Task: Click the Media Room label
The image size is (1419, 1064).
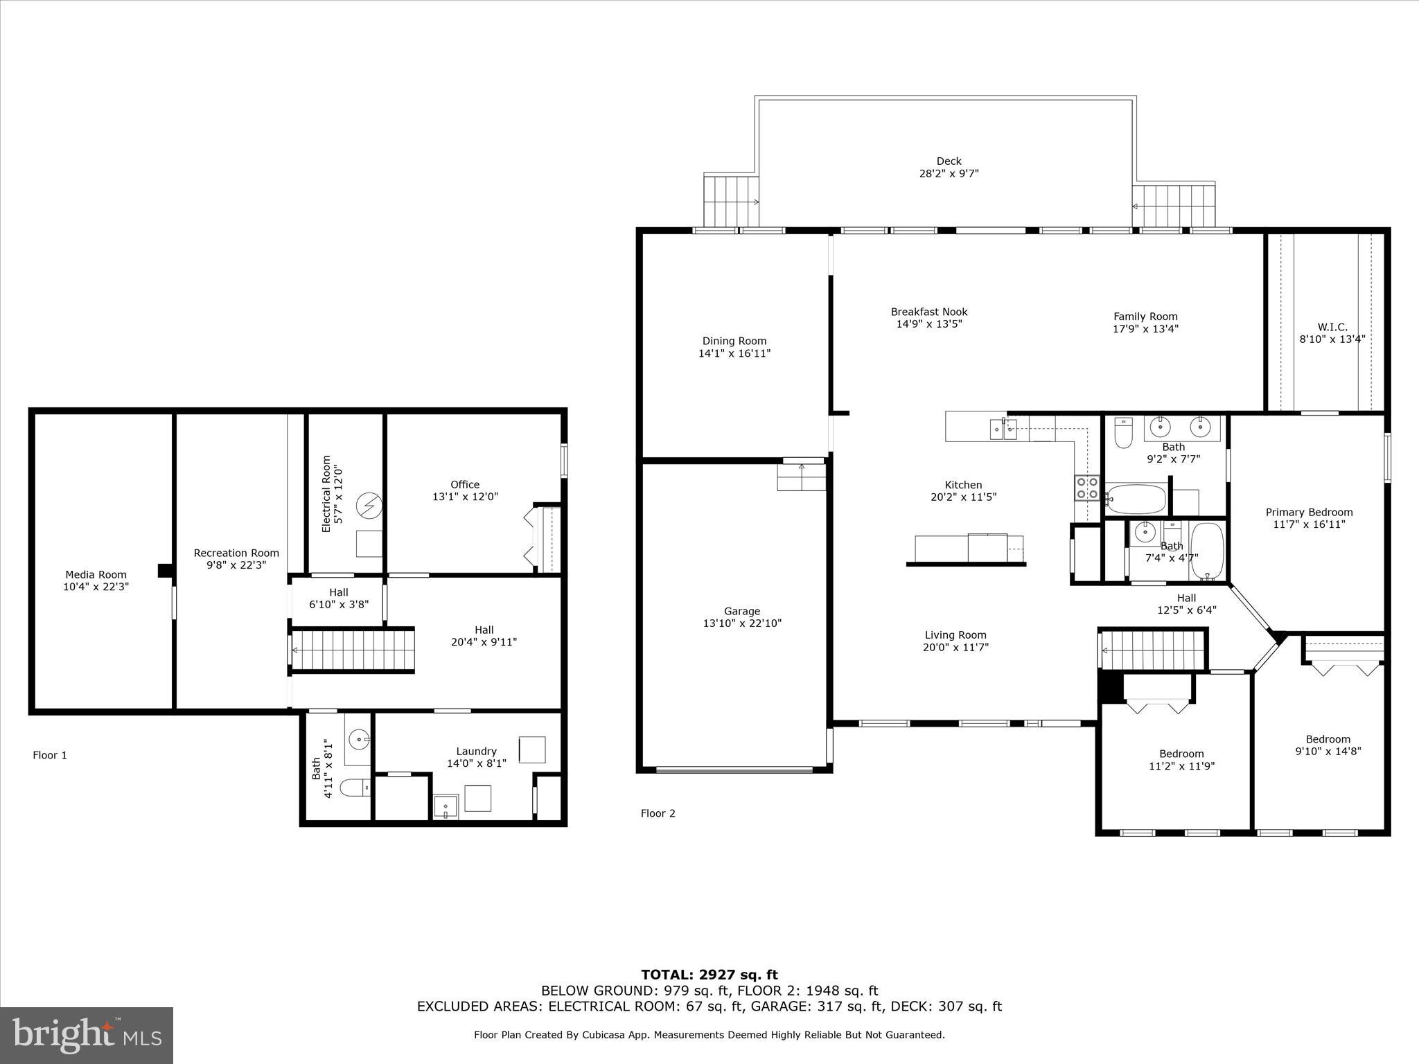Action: tap(96, 574)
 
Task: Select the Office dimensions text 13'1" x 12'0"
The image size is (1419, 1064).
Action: tap(465, 497)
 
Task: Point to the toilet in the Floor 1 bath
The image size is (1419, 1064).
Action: tap(358, 788)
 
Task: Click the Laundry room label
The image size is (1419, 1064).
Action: tap(476, 751)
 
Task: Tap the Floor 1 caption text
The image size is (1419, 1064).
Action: tap(50, 755)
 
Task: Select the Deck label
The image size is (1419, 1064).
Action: tap(949, 161)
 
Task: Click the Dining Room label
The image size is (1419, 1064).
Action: tap(734, 341)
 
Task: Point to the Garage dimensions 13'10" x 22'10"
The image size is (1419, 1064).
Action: tap(742, 623)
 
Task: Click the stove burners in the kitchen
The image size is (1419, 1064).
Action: tap(1087, 488)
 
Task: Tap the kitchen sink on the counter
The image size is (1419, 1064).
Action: tap(1003, 429)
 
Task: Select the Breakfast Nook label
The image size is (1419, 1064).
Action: tap(929, 312)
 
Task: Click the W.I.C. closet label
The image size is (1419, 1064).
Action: tap(1332, 327)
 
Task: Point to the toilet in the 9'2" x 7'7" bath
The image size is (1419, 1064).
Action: tap(1122, 434)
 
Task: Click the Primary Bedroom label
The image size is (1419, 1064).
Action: tap(1309, 513)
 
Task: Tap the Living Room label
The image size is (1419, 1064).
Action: tap(955, 635)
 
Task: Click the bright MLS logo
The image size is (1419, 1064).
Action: tap(87, 1035)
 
